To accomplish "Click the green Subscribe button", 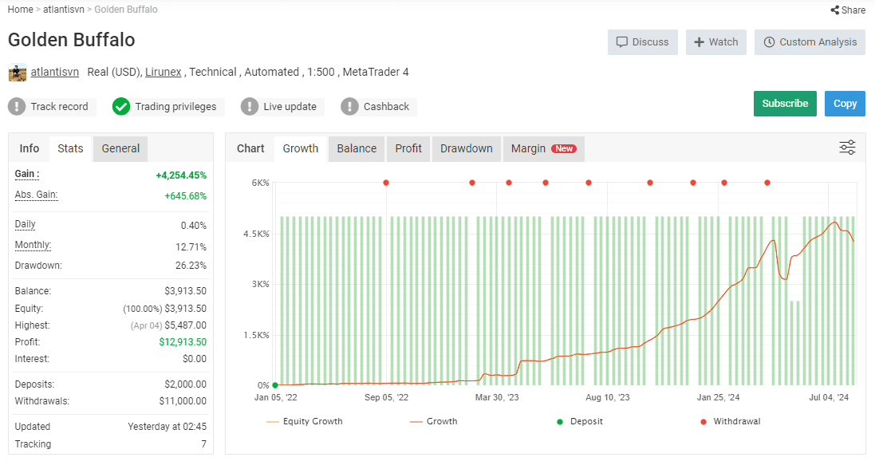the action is [785, 104].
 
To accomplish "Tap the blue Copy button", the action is [845, 104].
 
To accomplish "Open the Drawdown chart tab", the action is [466, 148].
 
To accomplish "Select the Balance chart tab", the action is [357, 148].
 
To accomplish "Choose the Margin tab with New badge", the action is [543, 148].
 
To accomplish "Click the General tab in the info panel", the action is [120, 148].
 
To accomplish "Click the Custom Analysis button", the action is [810, 42].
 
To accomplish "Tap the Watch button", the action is [716, 42].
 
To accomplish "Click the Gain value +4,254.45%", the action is [181, 175].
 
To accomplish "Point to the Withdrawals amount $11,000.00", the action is [183, 401].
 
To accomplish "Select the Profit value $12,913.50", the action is [183, 341].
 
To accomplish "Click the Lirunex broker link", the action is [163, 72].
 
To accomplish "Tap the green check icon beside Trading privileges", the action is [121, 107].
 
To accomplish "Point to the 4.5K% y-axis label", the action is [256, 234].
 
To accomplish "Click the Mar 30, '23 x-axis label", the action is [497, 397].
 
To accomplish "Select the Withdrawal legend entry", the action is [730, 421].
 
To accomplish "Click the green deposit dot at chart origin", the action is [275, 385].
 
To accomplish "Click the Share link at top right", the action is [848, 10].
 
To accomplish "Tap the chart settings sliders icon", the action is [847, 148].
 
